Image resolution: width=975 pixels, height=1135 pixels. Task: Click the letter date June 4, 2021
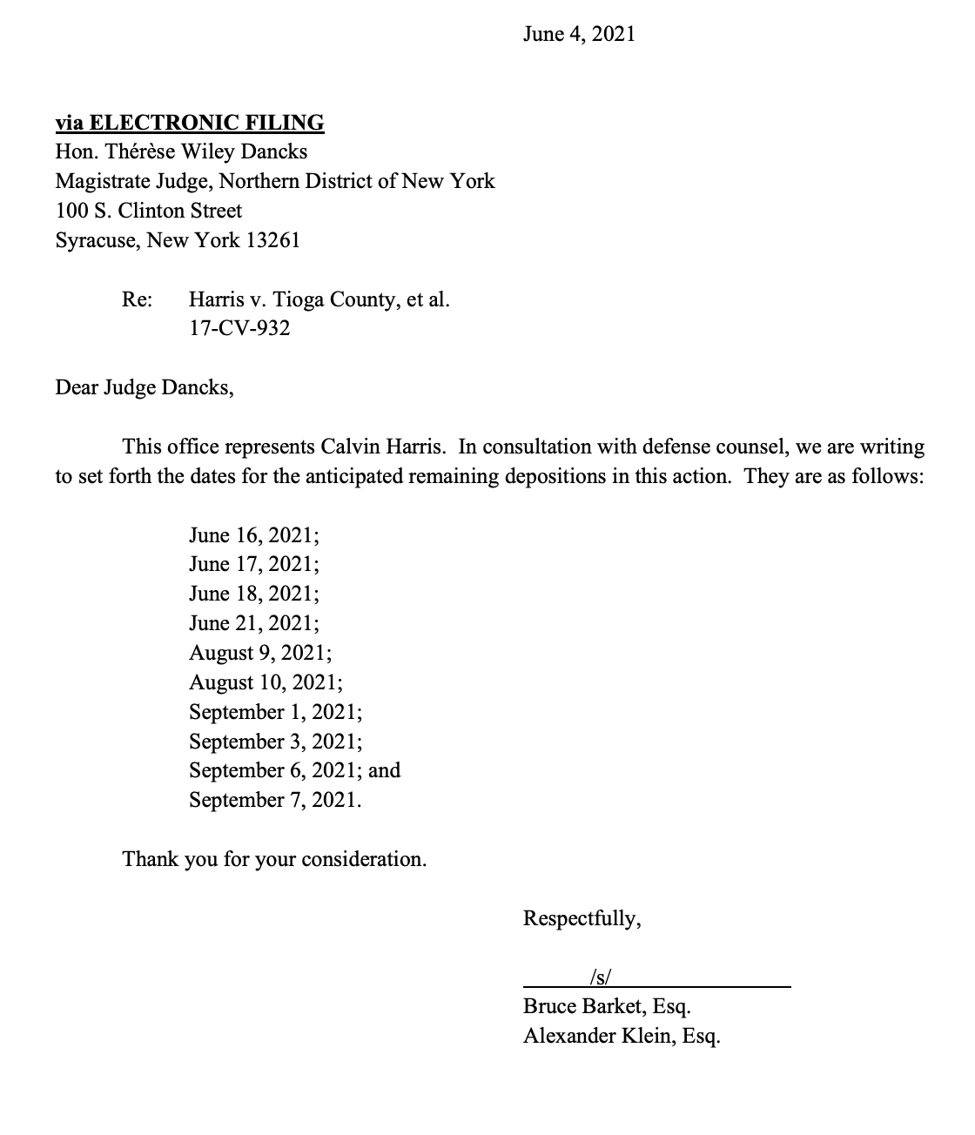pyautogui.click(x=579, y=34)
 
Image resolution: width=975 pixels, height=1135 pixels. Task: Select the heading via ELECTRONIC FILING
pyautogui.click(x=189, y=123)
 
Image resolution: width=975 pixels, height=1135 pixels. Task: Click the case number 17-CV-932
pyautogui.click(x=239, y=329)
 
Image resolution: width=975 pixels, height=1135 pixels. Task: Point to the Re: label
pyautogui.click(x=137, y=300)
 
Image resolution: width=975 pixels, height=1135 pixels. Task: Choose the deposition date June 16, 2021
pyautogui.click(x=253, y=535)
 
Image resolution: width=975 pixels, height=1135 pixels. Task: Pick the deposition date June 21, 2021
pyautogui.click(x=253, y=623)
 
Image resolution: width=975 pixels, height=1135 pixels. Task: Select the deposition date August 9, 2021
pyautogui.click(x=259, y=653)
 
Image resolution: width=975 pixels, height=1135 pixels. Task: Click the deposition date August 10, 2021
pyautogui.click(x=266, y=682)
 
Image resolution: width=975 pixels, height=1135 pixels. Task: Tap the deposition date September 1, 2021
pyautogui.click(x=275, y=712)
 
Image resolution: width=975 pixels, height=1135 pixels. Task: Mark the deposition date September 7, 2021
pyautogui.click(x=274, y=800)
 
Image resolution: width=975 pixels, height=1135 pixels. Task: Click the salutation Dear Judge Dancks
pyautogui.click(x=145, y=387)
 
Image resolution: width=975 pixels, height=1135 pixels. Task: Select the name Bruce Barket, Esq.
pyautogui.click(x=607, y=1007)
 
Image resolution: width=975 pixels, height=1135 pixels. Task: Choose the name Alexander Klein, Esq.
pyautogui.click(x=622, y=1037)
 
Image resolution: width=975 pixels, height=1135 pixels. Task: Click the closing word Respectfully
pyautogui.click(x=582, y=918)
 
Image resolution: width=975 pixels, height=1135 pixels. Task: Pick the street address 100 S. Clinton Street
pyautogui.click(x=149, y=211)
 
